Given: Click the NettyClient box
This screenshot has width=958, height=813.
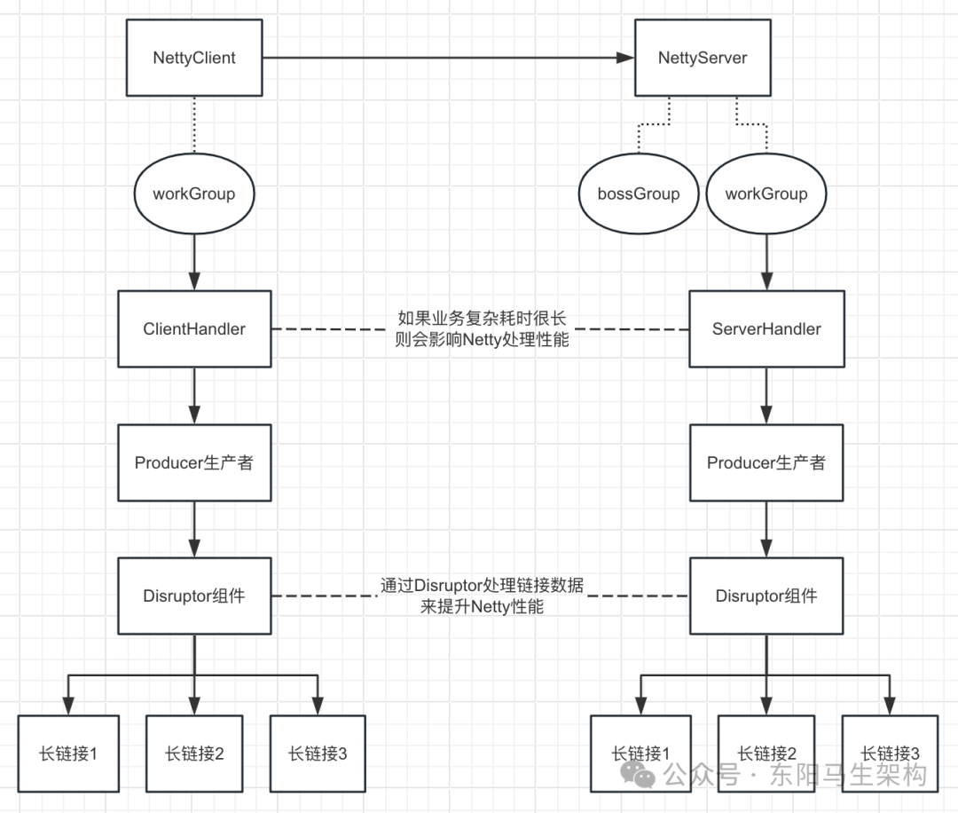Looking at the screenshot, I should point(194,59).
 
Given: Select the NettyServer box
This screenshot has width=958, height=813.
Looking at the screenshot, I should point(703,59).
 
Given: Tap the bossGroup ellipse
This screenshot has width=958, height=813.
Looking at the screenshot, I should point(639,193).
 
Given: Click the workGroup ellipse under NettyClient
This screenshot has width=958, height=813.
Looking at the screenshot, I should point(193,193).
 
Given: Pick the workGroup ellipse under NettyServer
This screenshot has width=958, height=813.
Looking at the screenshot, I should point(766,193).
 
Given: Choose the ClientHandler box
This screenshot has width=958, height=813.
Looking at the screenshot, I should point(194,329).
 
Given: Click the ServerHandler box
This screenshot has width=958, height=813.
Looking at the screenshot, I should point(766,329).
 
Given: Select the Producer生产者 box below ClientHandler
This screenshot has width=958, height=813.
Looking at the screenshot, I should point(194,462).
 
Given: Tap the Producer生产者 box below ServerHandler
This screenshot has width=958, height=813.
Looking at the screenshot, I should point(766,462).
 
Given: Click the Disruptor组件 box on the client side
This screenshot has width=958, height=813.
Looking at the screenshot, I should point(194,596).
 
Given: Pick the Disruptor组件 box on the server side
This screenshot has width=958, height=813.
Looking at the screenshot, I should point(766,596).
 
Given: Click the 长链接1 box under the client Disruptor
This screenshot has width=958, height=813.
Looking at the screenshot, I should point(68,754).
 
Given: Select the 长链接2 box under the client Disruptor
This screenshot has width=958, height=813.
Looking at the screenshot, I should point(194,754).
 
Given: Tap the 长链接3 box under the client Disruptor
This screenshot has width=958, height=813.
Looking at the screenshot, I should point(318,754).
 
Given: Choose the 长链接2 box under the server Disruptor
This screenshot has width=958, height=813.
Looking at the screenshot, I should point(766,754).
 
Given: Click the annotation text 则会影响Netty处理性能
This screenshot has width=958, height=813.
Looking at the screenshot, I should point(482,339).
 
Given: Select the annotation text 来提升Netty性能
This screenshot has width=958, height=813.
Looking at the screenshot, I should point(482,607).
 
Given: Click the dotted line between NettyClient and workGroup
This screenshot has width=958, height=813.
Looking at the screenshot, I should point(194,129).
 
